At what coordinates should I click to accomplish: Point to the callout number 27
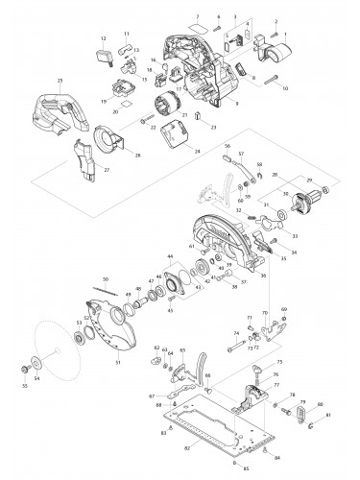(107, 170)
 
